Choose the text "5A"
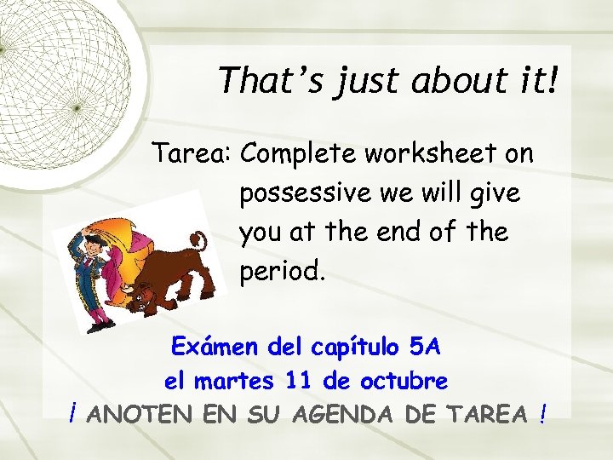[x=424, y=348]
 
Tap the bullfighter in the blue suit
[x=91, y=273]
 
